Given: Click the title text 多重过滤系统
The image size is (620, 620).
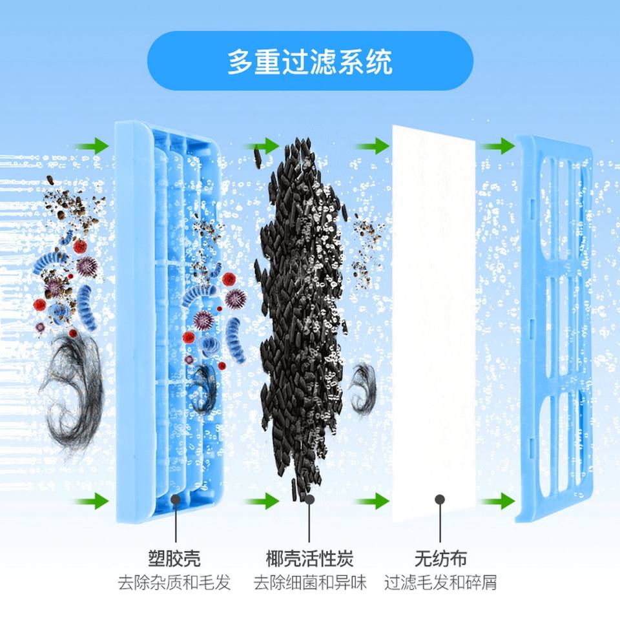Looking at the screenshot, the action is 310,63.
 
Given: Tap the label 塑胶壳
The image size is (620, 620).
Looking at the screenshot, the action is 174,559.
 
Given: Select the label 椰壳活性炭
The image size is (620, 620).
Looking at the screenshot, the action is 310,559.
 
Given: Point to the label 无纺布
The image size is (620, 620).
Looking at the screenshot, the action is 440,559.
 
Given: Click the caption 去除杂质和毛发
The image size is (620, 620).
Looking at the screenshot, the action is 174,583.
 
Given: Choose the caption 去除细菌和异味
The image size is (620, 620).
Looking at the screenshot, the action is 310,583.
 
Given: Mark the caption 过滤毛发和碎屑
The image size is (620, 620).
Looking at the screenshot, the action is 440,583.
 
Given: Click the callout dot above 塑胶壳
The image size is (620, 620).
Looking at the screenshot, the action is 174,499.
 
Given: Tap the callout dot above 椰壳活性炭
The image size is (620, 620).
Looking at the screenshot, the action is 310,499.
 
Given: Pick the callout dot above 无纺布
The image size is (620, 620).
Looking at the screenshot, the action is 440,499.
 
